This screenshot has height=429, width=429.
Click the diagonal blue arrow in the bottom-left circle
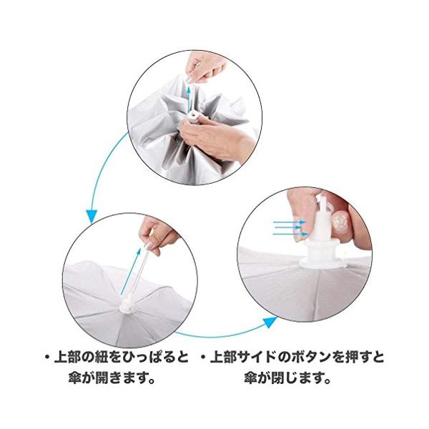coord(131,272)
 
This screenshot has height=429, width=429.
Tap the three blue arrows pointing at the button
coord(290,228)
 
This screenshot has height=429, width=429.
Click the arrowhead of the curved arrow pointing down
coord(92,216)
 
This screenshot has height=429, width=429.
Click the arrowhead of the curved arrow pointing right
coord(270,322)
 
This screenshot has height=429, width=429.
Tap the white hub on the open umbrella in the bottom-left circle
coord(127,305)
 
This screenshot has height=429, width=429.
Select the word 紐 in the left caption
coord(102,358)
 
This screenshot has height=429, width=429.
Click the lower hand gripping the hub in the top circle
coord(216,139)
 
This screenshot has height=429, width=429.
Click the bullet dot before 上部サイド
coord(203,358)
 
